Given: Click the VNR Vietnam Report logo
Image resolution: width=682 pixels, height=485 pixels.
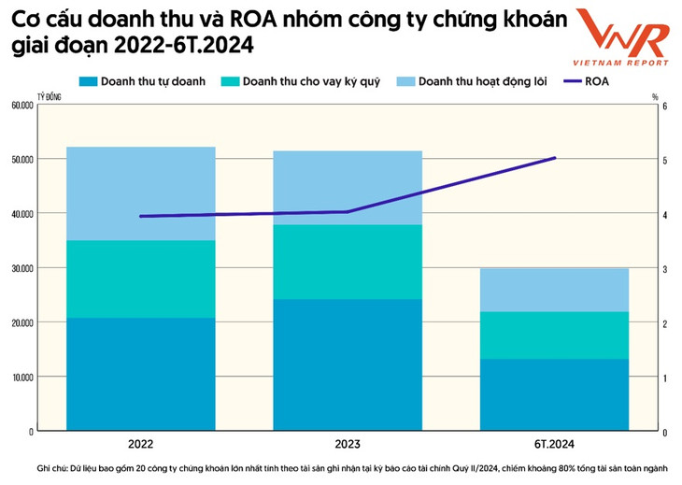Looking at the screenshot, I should [621, 39].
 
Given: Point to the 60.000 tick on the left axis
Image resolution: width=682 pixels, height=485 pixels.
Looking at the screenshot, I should [21, 106].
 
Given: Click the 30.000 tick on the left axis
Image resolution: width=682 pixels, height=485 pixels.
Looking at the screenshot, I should [21, 268].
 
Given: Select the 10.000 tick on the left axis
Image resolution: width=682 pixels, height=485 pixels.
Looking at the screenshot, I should [21, 377].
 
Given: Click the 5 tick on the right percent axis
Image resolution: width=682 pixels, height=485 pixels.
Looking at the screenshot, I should [664, 160].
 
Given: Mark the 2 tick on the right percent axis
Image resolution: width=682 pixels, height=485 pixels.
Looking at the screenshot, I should [664, 323].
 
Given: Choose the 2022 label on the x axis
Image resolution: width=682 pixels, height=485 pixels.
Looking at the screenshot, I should [140, 444].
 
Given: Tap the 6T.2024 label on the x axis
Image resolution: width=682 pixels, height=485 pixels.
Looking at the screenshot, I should [554, 444].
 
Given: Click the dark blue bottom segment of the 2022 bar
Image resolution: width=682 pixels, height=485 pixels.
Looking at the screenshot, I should [140, 374].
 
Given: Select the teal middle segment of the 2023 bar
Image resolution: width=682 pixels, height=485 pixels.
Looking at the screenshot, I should [347, 262].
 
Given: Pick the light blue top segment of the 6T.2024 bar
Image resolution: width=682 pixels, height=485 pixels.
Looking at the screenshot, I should [554, 290].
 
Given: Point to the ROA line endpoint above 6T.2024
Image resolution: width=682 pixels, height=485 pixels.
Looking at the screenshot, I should [555, 158].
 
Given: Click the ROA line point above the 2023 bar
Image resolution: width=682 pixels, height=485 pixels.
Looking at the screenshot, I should [347, 212].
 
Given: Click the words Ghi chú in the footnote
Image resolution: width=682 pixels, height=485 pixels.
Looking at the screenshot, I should [54, 466].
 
